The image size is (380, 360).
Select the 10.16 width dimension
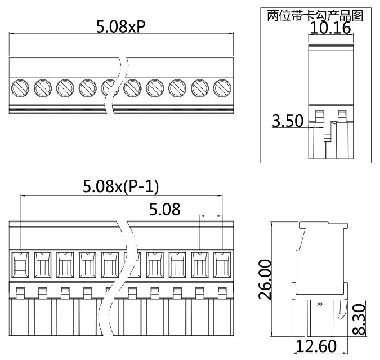pos(331,28)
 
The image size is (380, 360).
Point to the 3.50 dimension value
pos(288,121)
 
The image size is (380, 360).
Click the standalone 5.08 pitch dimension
pos(164,210)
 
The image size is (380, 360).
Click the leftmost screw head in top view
pos(20,87)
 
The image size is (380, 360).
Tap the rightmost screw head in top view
pos(223,87)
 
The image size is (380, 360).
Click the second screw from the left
pos(42,87)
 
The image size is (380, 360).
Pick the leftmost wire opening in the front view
pos(20,265)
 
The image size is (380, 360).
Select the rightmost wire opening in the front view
pos(223,264)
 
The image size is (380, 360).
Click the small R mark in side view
pos(319,304)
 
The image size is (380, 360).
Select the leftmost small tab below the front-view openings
pos(20,292)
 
